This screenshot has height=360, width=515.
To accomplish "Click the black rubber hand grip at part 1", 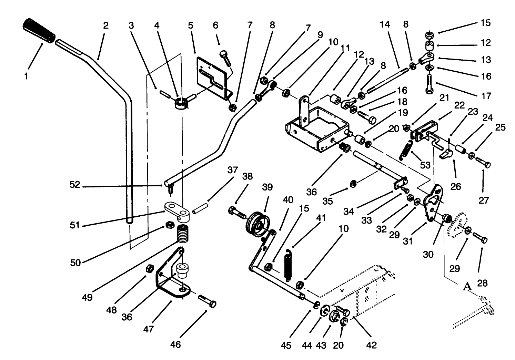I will point(39,31).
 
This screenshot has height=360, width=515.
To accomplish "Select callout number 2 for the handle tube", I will point(105,25).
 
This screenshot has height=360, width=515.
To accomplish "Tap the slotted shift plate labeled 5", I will point(211,78).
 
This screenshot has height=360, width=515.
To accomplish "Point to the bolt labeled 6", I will point(226,59).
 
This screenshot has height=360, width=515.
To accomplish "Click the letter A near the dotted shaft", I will point(467,286).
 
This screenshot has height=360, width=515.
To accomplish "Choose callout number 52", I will point(75,185).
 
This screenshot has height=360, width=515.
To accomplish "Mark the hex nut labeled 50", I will point(169,225).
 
